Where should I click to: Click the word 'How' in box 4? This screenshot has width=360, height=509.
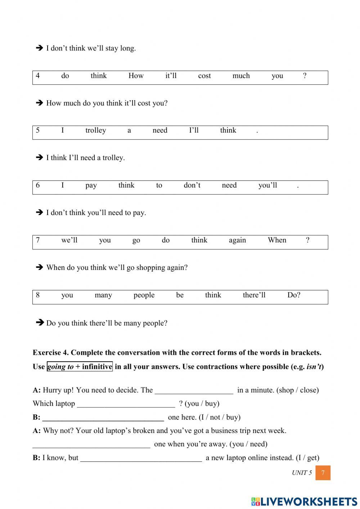136,76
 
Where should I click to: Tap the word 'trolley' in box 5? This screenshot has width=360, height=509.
95,131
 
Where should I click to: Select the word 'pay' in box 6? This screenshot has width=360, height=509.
91,186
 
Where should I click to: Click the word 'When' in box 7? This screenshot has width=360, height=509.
277,240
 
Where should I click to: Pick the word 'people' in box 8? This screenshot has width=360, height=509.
144,295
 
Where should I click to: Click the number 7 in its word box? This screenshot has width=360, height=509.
38,240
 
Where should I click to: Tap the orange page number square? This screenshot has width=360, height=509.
323,473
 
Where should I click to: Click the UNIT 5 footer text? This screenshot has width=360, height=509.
302,473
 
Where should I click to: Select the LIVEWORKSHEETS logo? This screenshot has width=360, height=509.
304,501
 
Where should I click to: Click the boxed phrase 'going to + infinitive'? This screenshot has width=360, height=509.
80,367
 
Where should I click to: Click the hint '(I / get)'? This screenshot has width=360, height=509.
307,458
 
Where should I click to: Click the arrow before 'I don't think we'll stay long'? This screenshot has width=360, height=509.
39,48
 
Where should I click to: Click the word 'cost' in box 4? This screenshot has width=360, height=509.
204,76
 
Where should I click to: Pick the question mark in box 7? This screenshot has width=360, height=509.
307,240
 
